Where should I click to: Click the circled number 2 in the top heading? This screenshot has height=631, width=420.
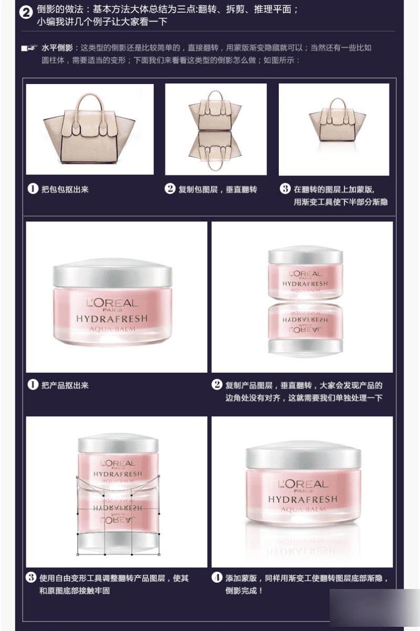point(26,13)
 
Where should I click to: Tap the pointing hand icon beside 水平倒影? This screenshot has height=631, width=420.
point(29,48)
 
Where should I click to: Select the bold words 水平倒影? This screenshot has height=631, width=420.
point(57,48)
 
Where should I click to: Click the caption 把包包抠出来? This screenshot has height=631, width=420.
point(65,190)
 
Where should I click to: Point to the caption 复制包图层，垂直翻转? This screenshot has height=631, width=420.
point(217,190)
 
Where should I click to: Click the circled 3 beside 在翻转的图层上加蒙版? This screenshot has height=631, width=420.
point(285,189)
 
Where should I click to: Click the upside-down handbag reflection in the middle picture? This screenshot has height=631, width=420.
point(215,151)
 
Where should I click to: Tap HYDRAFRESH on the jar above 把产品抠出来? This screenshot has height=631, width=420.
point(112,319)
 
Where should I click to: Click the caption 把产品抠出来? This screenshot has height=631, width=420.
point(65,385)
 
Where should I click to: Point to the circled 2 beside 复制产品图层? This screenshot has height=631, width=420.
point(217,384)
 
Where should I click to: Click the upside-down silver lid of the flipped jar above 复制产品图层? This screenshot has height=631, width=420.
point(306,346)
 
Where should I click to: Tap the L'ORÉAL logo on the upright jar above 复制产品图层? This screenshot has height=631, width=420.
point(306,274)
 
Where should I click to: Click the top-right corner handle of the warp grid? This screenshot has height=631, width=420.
point(159,476)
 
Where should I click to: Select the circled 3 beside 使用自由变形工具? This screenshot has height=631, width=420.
point(31,577)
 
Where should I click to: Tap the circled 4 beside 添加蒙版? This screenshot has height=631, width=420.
point(217,577)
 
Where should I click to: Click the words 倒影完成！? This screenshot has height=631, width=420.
point(244,591)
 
